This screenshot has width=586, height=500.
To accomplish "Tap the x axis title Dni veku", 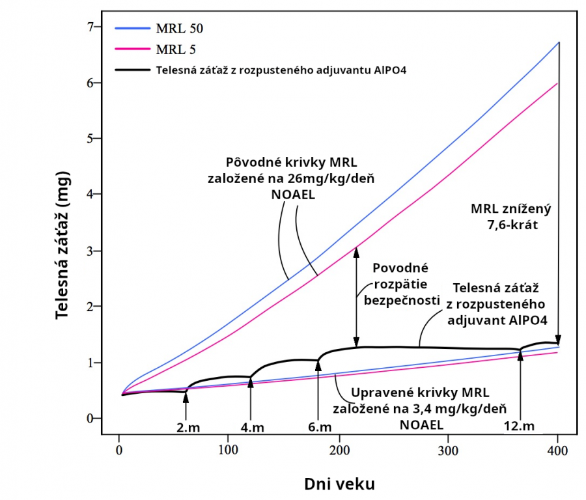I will coord(339,484).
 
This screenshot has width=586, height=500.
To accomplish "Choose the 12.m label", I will coord(519,426).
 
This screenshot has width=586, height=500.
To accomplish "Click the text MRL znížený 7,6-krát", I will coord(511,215).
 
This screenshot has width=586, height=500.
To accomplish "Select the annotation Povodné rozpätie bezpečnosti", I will coord(399,283).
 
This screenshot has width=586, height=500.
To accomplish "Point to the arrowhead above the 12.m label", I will coord(520,355).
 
